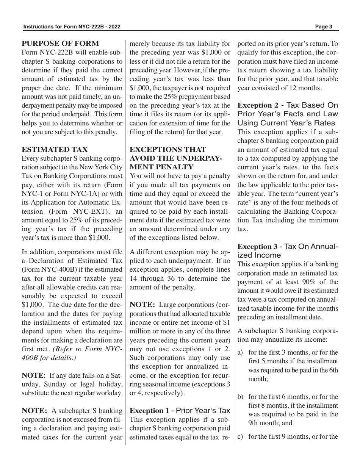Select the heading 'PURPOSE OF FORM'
pyautogui.click(x=60, y=44)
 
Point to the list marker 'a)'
pyautogui.click(x=240, y=352)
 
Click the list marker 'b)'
pyautogui.click(x=240, y=397)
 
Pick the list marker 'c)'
pyautogui.click(x=240, y=436)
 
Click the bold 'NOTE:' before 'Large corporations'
pyautogui.click(x=142, y=305)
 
